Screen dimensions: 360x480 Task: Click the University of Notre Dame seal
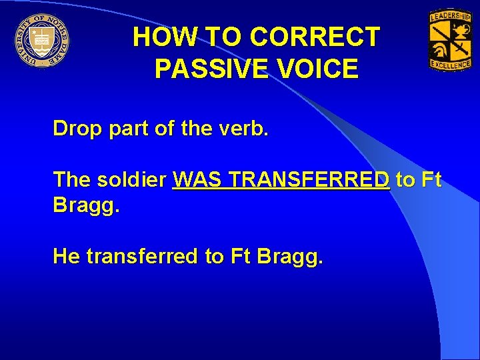(x=41, y=41)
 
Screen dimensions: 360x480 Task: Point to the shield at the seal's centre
(x=41, y=39)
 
